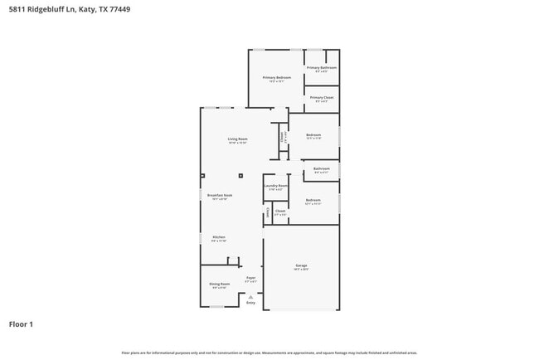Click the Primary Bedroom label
[276, 77]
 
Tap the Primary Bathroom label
[322, 67]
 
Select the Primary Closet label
[322, 97]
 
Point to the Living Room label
[238, 139]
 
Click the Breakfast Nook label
[220, 195]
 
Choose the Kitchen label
[219, 236]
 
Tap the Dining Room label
[219, 284]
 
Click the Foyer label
[250, 278]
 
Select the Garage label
[300, 265]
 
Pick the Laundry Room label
[276, 186]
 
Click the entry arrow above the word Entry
[250, 296]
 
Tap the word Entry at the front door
[250, 303]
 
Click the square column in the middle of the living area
[240, 176]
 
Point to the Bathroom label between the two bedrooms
[322, 168]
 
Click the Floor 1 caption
[21, 324]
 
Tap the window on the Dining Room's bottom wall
[216, 307]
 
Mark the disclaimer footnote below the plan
[269, 353]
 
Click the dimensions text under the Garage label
[300, 270]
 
